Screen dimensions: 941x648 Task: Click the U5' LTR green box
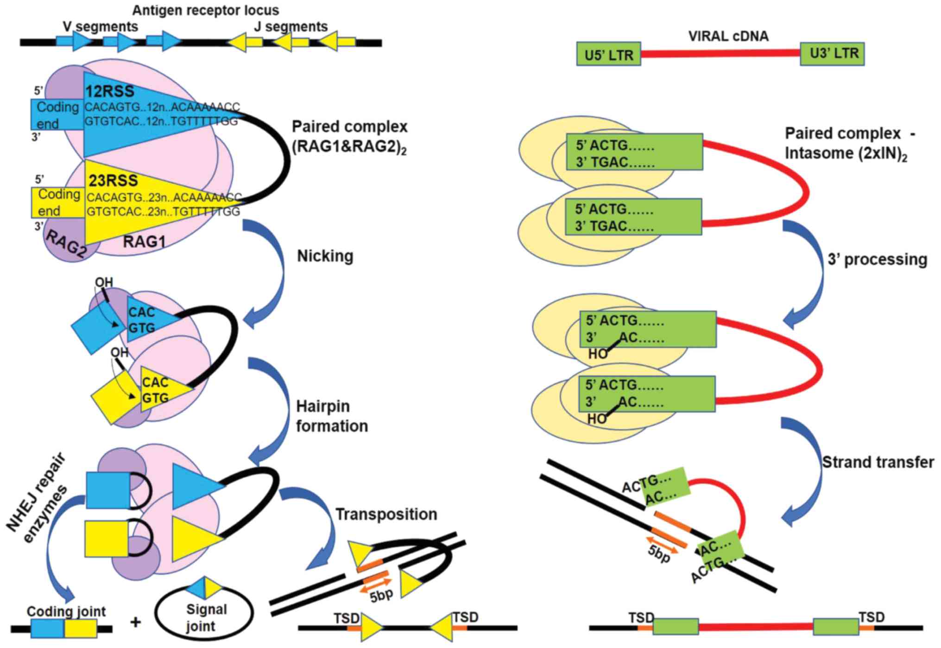pyautogui.click(x=608, y=54)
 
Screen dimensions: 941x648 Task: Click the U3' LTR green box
pyautogui.click(x=832, y=53)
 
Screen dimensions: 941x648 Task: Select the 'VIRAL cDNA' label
pyautogui.click(x=728, y=36)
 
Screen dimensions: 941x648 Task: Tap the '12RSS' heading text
pyautogui.click(x=110, y=91)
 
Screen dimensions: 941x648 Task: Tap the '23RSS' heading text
pyautogui.click(x=113, y=180)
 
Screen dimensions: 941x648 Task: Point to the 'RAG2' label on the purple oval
pyautogui.click(x=66, y=243)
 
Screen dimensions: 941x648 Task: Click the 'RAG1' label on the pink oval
pyautogui.click(x=144, y=241)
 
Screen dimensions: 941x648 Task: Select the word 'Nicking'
pyautogui.click(x=325, y=256)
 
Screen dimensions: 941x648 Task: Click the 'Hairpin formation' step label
pyautogui.click(x=332, y=416)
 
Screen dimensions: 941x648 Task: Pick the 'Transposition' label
pyautogui.click(x=386, y=514)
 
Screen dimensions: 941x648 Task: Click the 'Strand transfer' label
pyautogui.click(x=878, y=462)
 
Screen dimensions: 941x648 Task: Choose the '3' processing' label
pyautogui.click(x=878, y=260)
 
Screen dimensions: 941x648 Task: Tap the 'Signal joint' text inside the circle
pyautogui.click(x=206, y=617)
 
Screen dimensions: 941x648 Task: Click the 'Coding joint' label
pyautogui.click(x=66, y=611)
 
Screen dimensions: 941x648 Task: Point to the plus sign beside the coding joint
pyautogui.click(x=135, y=622)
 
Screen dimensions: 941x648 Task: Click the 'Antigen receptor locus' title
pyautogui.click(x=206, y=10)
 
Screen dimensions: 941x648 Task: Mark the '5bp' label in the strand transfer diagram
pyautogui.click(x=659, y=554)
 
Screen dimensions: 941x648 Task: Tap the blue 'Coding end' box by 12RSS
pyautogui.click(x=57, y=114)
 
